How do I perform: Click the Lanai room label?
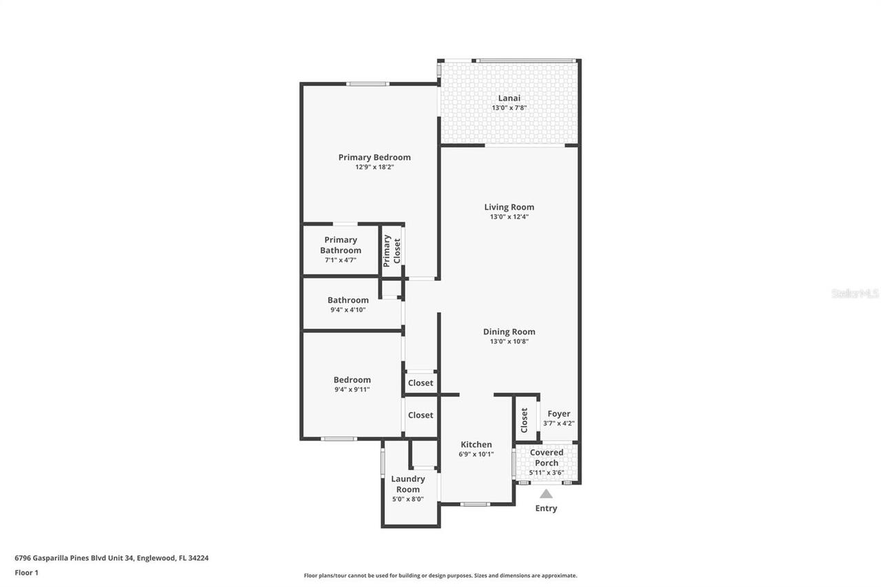click(509, 98)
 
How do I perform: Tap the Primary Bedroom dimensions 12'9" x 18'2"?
click(374, 167)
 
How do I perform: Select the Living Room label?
click(509, 207)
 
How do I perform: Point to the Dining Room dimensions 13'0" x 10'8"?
click(509, 341)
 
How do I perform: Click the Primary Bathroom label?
click(341, 245)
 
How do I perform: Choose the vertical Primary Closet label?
click(392, 250)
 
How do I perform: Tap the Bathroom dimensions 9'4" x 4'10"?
click(348, 310)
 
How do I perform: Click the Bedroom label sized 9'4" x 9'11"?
click(352, 380)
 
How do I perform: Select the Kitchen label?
click(476, 445)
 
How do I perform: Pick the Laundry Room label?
click(408, 484)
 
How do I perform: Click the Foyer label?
click(559, 414)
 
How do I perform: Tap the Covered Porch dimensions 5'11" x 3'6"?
click(546, 473)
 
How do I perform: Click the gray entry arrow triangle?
click(546, 494)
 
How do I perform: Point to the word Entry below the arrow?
click(546, 509)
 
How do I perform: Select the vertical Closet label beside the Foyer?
click(524, 420)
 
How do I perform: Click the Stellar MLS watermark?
click(854, 293)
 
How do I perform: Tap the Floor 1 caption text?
click(26, 573)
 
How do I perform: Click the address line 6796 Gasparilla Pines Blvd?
click(112, 558)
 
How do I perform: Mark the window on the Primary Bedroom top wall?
click(368, 84)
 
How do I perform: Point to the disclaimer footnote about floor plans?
click(440, 575)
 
